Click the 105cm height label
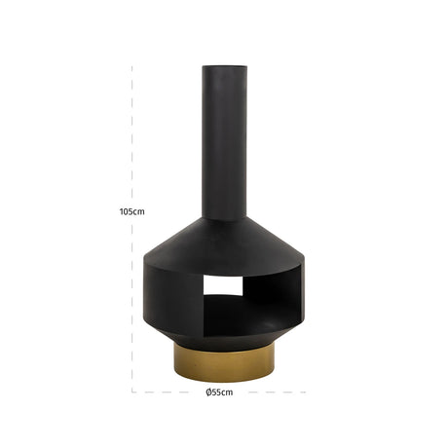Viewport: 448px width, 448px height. tap(131, 211)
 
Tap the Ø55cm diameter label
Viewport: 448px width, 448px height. tap(219, 392)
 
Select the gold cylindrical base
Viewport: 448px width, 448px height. tap(224, 362)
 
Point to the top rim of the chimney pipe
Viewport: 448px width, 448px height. tap(224, 67)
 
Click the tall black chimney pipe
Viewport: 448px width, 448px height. tap(224, 143)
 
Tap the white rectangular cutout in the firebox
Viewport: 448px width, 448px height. tap(223, 285)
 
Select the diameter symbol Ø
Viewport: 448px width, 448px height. tap(208, 392)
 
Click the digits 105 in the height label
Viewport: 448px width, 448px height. tap(127, 211)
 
